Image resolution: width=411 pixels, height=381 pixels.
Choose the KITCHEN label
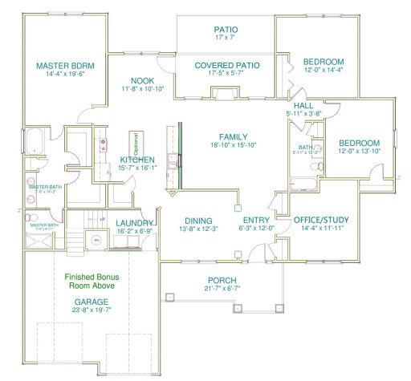pos(137,160)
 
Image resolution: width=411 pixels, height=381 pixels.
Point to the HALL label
pos(303,105)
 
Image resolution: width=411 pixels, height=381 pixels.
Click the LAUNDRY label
pos(135,224)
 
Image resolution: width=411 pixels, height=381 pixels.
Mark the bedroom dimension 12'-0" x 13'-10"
pos(359,151)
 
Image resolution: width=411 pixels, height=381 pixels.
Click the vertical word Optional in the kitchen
pos(136,145)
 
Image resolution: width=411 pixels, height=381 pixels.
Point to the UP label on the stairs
pos(102,219)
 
